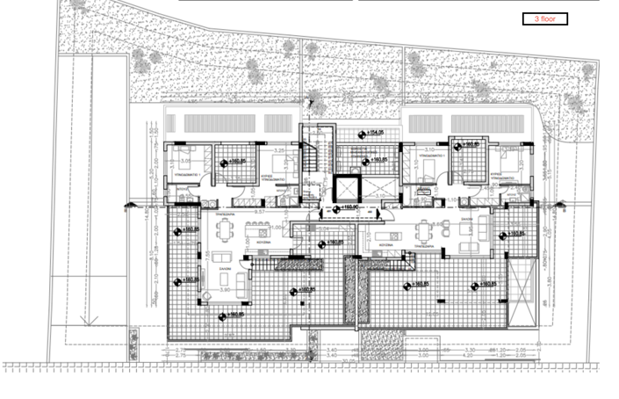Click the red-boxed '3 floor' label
[545, 18]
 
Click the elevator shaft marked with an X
[345, 188]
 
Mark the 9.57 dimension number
[260, 212]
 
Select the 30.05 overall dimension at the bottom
[347, 360]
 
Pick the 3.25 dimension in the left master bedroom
[268, 150]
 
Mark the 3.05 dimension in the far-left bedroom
[185, 161]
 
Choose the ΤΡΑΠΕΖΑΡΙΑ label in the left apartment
[225, 214]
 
